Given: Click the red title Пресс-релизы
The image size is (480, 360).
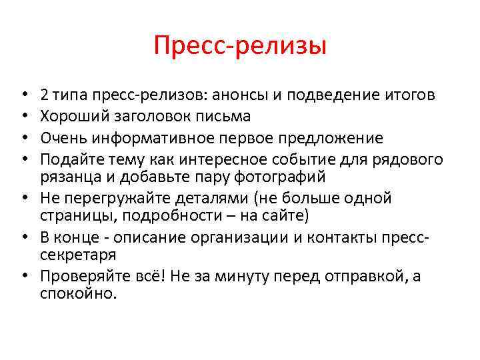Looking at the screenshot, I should [239, 47].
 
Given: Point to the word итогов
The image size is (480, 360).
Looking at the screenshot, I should [407, 95].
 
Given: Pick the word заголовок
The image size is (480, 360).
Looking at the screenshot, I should [142, 117].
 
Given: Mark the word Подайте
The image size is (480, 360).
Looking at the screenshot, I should [69, 159].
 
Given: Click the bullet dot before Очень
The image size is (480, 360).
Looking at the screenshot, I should [24, 139].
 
